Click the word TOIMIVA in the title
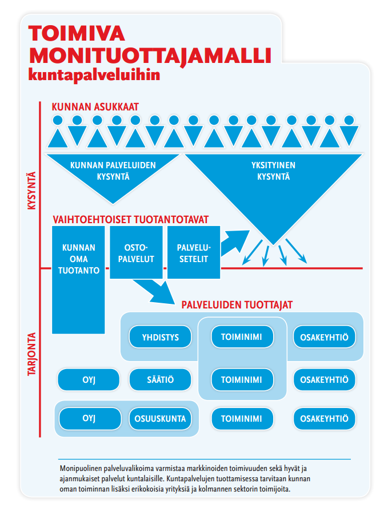pos(78,34)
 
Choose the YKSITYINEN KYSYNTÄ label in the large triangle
pos(273,171)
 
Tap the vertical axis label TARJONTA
pos(31,355)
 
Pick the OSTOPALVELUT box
pos(135,253)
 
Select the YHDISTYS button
pos(161,337)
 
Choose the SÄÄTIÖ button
pos(161,379)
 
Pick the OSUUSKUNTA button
pos(161,418)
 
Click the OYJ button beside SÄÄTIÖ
pos(89,379)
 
